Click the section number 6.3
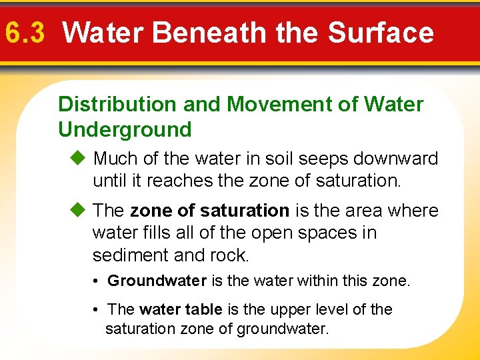[x=25, y=32]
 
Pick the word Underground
[x=125, y=129]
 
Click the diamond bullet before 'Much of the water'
[x=77, y=159]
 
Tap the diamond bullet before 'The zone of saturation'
[x=77, y=211]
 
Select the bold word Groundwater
[x=157, y=281]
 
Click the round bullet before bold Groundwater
[x=97, y=281]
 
